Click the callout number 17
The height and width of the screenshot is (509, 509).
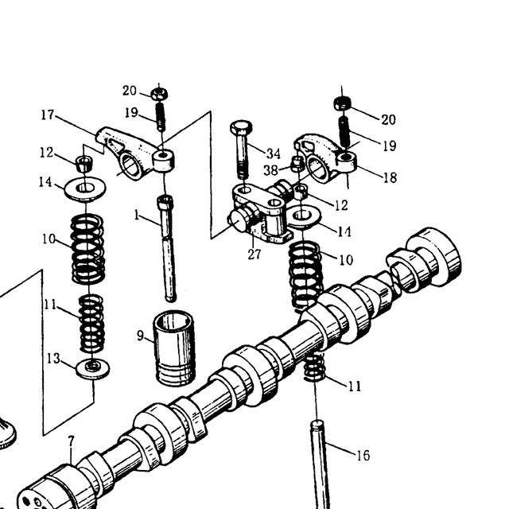48,115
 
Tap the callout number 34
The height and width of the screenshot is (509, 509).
274,153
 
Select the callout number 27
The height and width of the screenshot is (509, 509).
254,254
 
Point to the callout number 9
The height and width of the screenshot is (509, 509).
140,336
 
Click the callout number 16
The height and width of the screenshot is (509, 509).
363,456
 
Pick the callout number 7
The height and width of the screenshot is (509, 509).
71,441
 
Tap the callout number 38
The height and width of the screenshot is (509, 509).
270,170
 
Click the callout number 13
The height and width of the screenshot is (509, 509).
53,359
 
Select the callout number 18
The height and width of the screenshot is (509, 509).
390,177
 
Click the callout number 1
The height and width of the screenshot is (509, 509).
137,215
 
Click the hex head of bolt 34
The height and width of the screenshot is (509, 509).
241,127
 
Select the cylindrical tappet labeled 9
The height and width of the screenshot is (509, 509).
174,348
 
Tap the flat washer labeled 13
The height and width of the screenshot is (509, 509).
93,369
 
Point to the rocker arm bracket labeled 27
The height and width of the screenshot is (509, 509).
260,212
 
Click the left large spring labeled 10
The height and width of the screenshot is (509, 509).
87,249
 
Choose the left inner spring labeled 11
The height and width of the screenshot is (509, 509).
92,324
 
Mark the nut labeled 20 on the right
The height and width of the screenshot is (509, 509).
343,104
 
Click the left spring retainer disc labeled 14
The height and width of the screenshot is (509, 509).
85,188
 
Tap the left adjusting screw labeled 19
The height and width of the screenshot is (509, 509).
161,116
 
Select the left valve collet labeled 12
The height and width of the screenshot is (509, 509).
84,164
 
